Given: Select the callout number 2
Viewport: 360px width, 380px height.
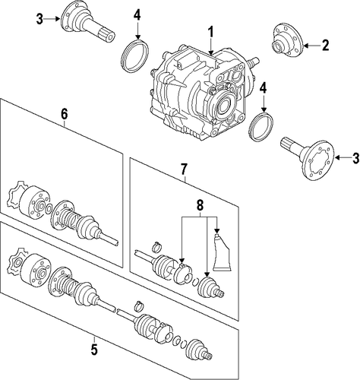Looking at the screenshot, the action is pyautogui.click(x=325, y=45).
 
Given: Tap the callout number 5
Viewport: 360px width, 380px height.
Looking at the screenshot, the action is pyautogui.click(x=94, y=350).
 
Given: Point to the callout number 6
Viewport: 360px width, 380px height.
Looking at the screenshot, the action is pyautogui.click(x=65, y=114).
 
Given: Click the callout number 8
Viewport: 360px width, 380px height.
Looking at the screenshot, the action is pyautogui.click(x=200, y=205).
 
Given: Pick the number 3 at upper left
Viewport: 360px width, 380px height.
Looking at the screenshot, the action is pyautogui.click(x=39, y=19).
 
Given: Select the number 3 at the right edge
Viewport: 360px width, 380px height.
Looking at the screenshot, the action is pyautogui.click(x=355, y=158).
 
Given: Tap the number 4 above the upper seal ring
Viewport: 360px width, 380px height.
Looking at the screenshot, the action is pyautogui.click(x=137, y=15).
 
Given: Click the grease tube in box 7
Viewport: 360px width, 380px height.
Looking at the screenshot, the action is pyautogui.click(x=222, y=252).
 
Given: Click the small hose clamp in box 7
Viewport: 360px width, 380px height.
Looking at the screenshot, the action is pyautogui.click(x=157, y=245).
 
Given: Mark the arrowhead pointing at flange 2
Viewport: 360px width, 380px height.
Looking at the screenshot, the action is pyautogui.click(x=305, y=46).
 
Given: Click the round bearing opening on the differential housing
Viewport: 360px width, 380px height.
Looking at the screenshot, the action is pyautogui.click(x=224, y=104).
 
